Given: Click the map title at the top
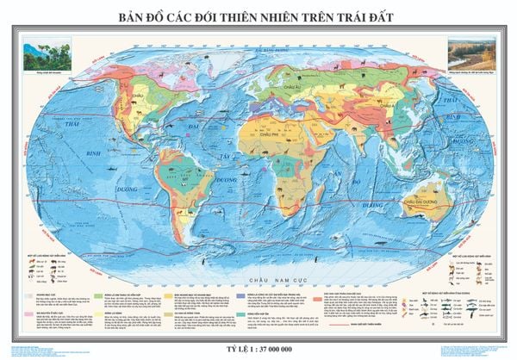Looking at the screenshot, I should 258,16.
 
